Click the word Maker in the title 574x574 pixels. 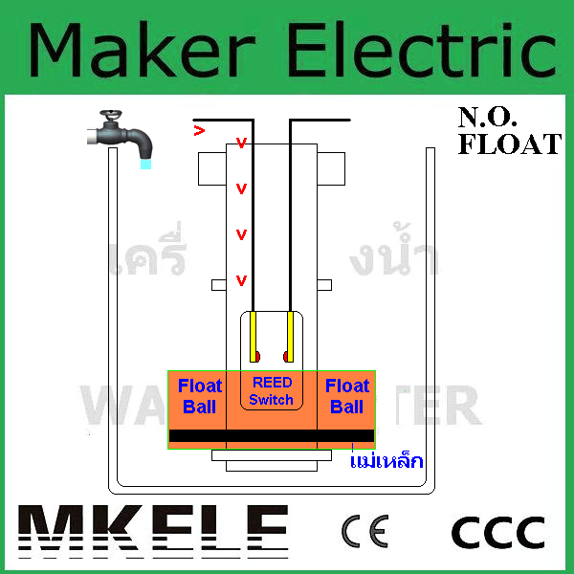(x=143, y=48)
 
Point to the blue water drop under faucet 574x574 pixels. (x=145, y=165)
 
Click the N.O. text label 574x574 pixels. (x=488, y=119)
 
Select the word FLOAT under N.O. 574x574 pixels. (x=508, y=145)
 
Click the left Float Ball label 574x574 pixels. (x=199, y=396)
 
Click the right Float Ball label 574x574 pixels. (x=346, y=396)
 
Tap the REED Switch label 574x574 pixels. (x=271, y=391)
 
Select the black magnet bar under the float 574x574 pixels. (x=272, y=436)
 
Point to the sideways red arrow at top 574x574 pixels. (x=199, y=129)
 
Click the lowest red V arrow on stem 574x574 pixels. (x=241, y=280)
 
